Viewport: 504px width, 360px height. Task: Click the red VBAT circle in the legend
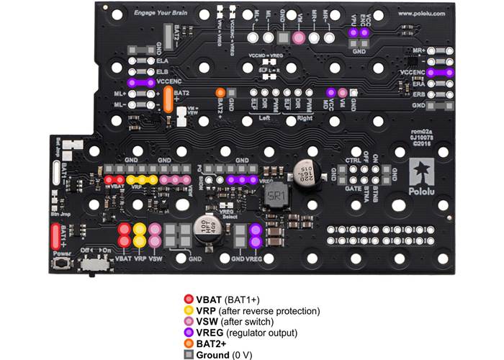click(x=189, y=298)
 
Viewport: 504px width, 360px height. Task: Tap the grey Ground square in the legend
click(x=189, y=355)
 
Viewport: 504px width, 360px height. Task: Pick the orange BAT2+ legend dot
click(x=189, y=344)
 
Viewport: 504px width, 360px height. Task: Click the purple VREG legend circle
click(x=189, y=333)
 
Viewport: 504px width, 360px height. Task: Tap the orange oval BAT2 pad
click(x=168, y=99)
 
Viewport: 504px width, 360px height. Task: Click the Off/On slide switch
click(x=92, y=264)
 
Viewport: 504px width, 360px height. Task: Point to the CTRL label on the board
click(x=353, y=161)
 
